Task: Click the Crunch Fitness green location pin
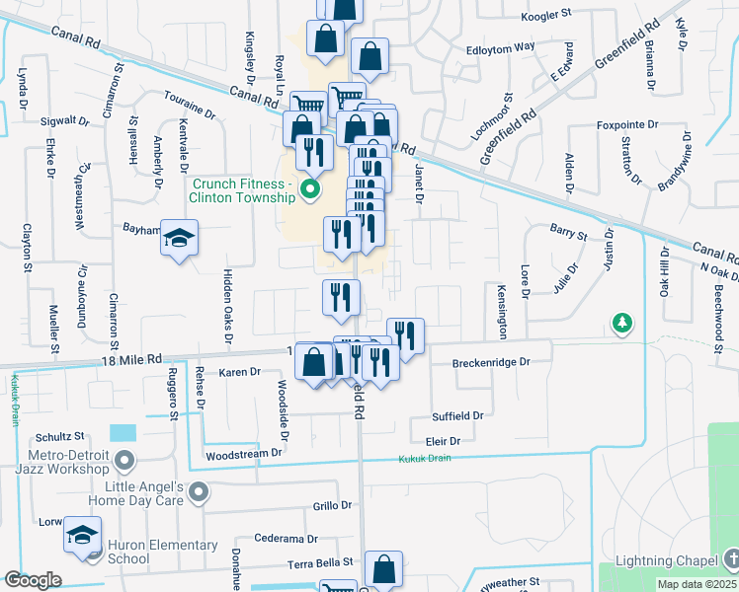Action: [310, 188]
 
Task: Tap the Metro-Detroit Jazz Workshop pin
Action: [123, 460]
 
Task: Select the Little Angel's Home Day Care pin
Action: [199, 491]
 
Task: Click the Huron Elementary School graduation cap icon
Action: [79, 535]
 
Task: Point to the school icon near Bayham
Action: [180, 238]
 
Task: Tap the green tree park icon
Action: [621, 323]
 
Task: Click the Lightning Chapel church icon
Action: [731, 560]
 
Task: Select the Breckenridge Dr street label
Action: [491, 362]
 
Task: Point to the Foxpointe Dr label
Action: [627, 125]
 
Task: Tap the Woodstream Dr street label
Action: [244, 455]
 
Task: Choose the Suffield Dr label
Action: [457, 416]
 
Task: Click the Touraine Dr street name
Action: [190, 108]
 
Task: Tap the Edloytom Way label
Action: [501, 46]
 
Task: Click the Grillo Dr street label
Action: [332, 505]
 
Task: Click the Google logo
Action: [33, 579]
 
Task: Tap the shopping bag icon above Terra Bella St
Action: [383, 571]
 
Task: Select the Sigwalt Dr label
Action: [65, 121]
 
